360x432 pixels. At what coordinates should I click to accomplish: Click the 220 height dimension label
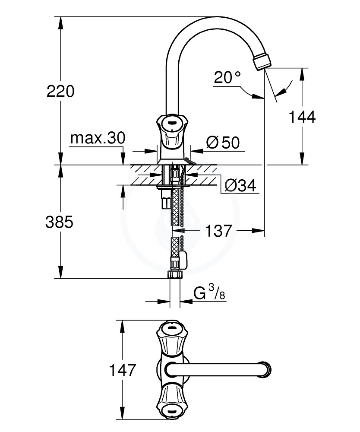coord(60,91)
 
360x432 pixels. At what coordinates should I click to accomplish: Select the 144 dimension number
coord(303,117)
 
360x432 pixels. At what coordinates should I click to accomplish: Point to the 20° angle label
coord(227,78)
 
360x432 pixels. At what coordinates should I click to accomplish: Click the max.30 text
coord(98,139)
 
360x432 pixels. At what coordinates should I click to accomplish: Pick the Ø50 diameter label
coord(223,143)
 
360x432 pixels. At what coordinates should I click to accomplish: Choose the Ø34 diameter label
coord(240,186)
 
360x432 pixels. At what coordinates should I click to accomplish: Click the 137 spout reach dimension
coord(218,231)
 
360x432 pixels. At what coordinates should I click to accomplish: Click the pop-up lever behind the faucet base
coord(189,161)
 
